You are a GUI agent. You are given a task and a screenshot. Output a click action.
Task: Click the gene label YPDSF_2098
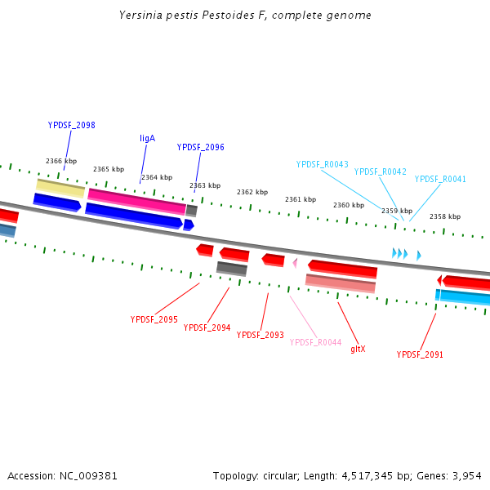[72, 125]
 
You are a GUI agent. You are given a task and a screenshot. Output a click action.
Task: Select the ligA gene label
[147, 138]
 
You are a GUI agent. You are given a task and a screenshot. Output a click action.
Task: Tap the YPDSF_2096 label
[201, 147]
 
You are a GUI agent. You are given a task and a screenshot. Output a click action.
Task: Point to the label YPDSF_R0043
[322, 164]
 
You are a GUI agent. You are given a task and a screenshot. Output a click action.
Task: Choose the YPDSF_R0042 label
[380, 171]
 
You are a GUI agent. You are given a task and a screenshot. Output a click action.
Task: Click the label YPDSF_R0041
[440, 179]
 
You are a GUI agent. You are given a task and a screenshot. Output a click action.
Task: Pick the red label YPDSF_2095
[154, 319]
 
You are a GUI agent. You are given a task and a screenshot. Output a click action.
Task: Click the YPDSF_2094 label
[207, 327]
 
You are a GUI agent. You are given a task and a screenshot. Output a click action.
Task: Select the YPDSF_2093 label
[261, 335]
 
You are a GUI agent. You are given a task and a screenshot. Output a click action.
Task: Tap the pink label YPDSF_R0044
[315, 342]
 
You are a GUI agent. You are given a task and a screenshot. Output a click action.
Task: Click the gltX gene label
[358, 349]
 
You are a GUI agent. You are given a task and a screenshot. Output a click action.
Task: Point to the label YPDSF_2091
[420, 354]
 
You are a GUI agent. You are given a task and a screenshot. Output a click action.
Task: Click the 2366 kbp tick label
[61, 161]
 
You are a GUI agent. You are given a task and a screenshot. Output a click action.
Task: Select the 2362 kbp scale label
[252, 192]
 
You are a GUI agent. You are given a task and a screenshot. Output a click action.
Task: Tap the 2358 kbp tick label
[445, 216]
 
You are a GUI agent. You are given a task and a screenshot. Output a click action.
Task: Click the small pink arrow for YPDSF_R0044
[295, 262]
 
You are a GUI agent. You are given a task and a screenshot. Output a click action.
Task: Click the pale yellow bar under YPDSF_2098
[60, 187]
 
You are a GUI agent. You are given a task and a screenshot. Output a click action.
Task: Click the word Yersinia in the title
[136, 15]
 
